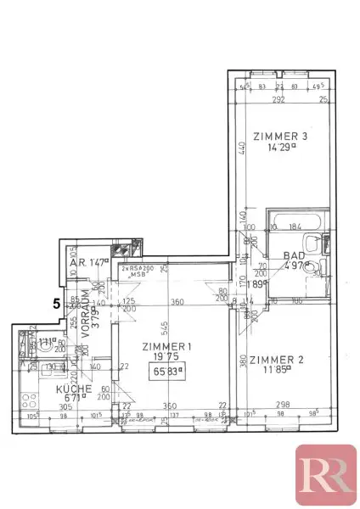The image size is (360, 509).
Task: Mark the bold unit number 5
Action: [56, 301]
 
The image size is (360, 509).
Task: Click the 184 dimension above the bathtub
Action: [295, 227]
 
